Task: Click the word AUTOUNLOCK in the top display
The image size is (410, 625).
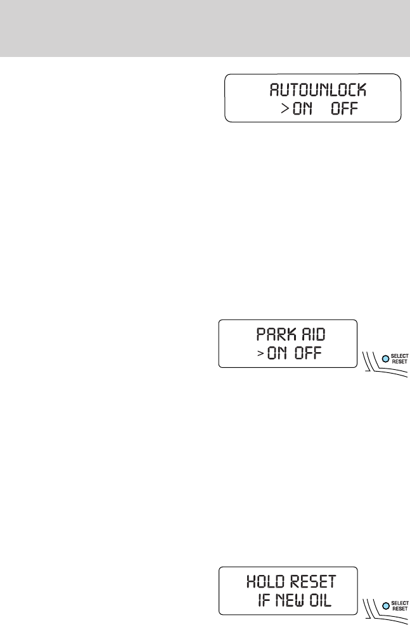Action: (x=313, y=89)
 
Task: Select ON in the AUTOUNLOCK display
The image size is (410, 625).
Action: (x=304, y=109)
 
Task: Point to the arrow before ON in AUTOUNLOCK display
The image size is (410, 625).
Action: (x=286, y=110)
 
